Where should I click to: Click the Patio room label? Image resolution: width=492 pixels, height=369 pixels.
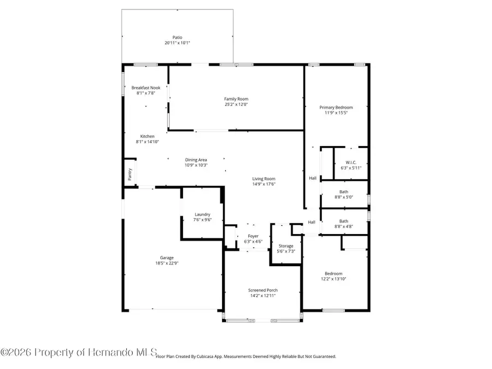177,37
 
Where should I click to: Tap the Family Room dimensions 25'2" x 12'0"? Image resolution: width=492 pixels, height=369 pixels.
236,104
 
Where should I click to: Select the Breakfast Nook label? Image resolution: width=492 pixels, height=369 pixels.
146,87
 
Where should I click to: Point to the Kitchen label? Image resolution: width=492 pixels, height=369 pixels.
147,136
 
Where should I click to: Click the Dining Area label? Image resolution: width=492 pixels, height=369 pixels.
196,160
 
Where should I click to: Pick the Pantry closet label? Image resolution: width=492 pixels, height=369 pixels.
130,174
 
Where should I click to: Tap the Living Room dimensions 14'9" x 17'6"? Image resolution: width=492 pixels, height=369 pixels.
263,184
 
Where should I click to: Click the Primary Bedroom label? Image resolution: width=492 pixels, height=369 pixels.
336,107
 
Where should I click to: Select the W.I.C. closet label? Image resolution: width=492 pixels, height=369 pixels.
351,162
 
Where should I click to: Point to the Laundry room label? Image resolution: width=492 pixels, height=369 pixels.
202,214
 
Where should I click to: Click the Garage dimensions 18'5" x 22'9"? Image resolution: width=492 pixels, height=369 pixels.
169,263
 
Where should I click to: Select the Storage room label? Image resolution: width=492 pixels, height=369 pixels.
286,246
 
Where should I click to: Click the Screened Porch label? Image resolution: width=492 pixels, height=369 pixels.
263,290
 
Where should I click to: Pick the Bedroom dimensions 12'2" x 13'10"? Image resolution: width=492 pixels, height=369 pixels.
333,279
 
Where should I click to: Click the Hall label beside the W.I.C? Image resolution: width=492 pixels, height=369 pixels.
313,178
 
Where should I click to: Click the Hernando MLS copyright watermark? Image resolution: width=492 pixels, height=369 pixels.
79,352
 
